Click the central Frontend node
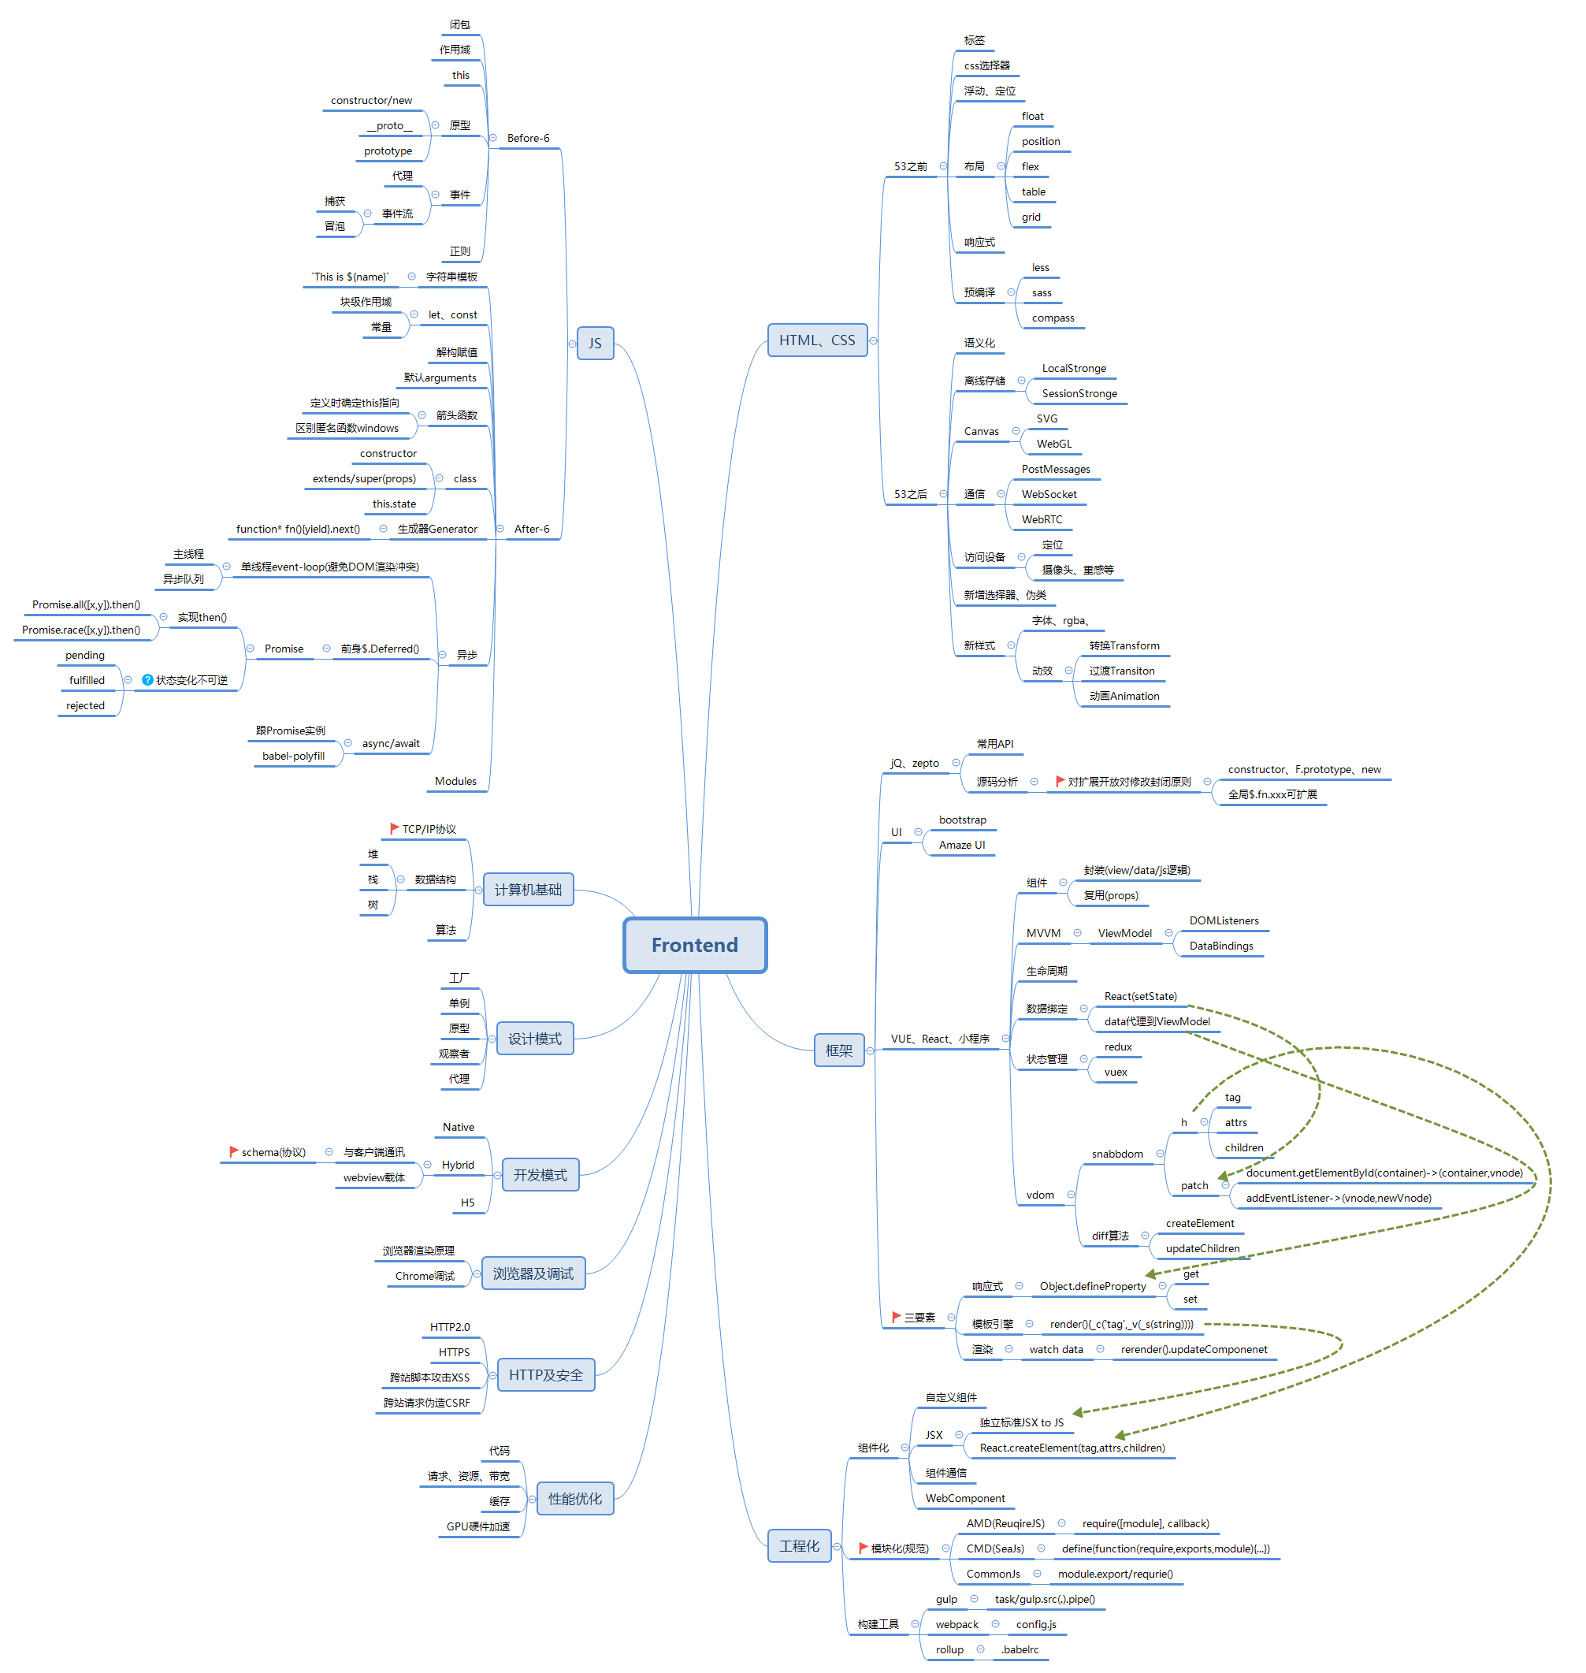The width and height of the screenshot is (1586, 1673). tap(695, 945)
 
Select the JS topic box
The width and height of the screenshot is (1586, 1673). tap(595, 344)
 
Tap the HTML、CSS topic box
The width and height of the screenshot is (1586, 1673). tap(817, 340)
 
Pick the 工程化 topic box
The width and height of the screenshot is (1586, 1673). tap(799, 1545)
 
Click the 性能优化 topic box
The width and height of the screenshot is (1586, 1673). tap(575, 1498)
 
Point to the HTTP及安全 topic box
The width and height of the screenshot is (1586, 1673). tap(545, 1374)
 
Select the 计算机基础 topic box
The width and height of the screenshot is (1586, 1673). tap(528, 890)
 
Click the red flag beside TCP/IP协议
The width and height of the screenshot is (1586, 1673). tap(394, 828)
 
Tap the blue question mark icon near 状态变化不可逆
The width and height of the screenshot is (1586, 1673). tap(147, 680)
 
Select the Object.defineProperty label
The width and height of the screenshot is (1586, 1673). tap(1092, 1286)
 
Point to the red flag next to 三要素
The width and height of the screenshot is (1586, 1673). tap(896, 1317)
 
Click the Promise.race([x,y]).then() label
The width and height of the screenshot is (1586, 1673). tap(81, 630)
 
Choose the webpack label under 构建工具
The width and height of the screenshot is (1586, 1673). tap(957, 1624)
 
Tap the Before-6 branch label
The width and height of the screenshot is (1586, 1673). tap(529, 138)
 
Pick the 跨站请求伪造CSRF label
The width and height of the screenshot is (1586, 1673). tap(427, 1403)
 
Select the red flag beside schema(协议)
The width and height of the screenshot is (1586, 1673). tap(233, 1151)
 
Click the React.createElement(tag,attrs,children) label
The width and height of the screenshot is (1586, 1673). tap(1072, 1448)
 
